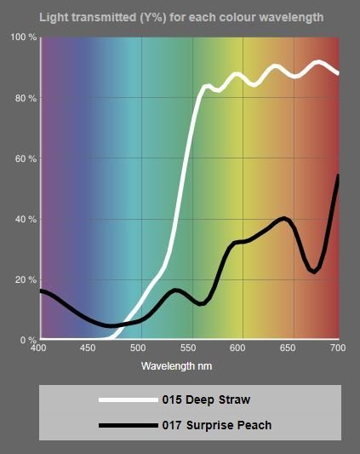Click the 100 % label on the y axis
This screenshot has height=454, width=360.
24,37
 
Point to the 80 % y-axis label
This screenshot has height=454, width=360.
26,99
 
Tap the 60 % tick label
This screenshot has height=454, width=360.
26,158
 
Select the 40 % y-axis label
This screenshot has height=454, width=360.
26,220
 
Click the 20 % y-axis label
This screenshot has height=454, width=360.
26,280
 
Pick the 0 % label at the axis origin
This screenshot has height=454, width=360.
28,340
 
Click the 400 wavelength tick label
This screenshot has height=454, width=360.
38,348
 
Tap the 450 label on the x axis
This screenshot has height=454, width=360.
88,348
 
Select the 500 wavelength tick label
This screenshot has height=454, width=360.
138,348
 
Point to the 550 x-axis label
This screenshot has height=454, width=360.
188,348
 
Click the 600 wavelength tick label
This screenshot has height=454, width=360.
237,348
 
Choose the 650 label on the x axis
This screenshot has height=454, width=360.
288,348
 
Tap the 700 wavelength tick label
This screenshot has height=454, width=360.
338,348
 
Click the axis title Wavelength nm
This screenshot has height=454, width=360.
176,366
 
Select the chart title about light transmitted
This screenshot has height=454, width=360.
181,18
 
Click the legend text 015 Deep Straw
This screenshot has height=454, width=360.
206,399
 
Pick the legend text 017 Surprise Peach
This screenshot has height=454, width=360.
217,425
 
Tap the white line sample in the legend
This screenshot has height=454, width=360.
129,399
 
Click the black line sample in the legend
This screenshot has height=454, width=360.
129,426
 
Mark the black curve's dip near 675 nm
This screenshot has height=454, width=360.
314,272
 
